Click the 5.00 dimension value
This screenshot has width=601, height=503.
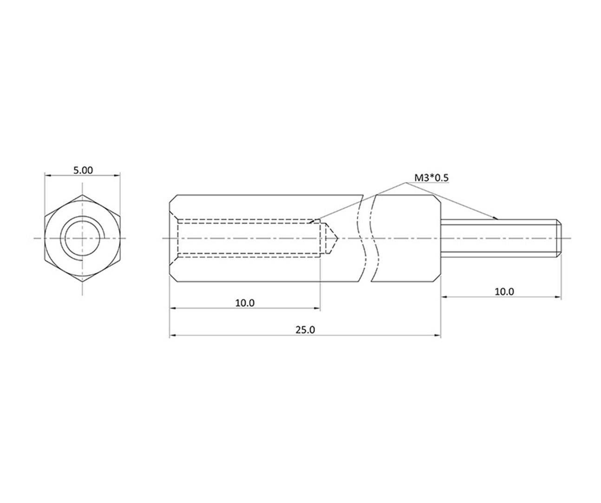tap(83, 170)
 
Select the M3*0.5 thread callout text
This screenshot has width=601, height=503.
tap(431, 178)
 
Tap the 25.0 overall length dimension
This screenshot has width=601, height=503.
tap(305, 330)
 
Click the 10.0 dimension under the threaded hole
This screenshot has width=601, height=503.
tap(245, 303)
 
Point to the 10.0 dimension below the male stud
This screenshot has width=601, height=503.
tap(504, 291)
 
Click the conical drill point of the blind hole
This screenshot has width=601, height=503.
tap(332, 238)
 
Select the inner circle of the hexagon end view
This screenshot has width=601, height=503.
tap(82, 238)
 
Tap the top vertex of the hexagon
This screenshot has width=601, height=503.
tap(82, 195)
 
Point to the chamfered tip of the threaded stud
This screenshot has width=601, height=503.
tap(559, 238)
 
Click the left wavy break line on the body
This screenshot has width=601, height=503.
tap(360, 238)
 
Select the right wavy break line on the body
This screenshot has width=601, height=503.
tap(374, 238)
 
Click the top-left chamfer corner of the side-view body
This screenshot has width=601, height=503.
tap(173, 199)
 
